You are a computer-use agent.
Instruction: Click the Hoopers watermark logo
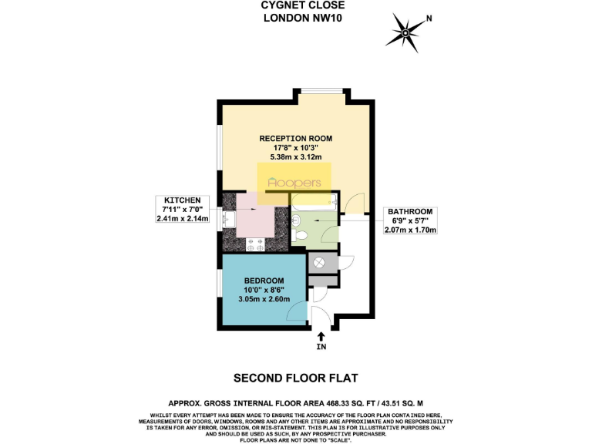(x=294, y=183)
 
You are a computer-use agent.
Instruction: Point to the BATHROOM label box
(x=411, y=220)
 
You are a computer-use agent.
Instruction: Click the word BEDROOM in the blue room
(x=264, y=280)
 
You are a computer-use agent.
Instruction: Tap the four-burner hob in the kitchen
(x=256, y=244)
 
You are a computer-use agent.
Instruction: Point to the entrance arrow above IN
(x=321, y=337)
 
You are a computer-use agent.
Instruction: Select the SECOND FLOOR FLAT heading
(x=296, y=378)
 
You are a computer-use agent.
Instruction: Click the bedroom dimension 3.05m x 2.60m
(x=264, y=299)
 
